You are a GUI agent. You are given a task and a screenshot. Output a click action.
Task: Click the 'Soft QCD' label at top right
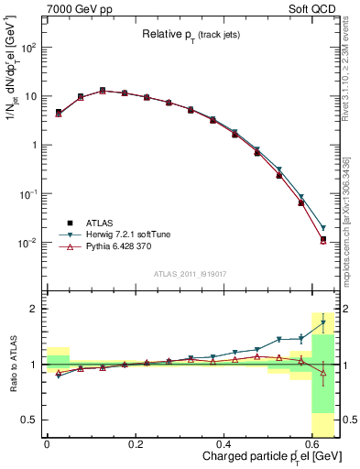(315, 8)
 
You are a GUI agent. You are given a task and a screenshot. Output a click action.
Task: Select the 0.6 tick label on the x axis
(316, 442)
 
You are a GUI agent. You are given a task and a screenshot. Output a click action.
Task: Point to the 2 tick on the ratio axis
(33, 309)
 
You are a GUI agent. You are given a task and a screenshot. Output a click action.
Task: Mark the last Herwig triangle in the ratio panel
(322, 323)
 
